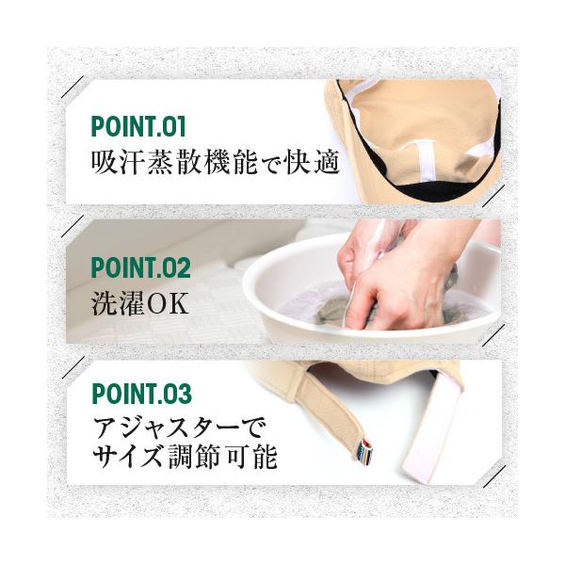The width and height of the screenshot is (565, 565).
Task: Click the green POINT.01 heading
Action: coord(138,126)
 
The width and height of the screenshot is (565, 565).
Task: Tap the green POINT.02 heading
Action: coord(141,267)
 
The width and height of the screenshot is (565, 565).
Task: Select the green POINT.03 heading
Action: coord(141,394)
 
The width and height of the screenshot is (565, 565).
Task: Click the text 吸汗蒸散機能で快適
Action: coord(216,163)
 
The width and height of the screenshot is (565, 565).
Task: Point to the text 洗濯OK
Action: coord(140,304)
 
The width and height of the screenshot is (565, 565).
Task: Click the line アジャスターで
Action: coord(180,429)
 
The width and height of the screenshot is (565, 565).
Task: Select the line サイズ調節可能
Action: coord(185,457)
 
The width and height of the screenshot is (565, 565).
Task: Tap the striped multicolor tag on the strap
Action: coord(365,451)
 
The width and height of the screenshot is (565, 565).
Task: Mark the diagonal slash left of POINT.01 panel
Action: coord(73,87)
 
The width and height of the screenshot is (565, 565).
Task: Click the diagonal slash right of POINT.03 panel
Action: coord(493,476)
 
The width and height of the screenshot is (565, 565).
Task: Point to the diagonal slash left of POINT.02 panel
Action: coord(73,227)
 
